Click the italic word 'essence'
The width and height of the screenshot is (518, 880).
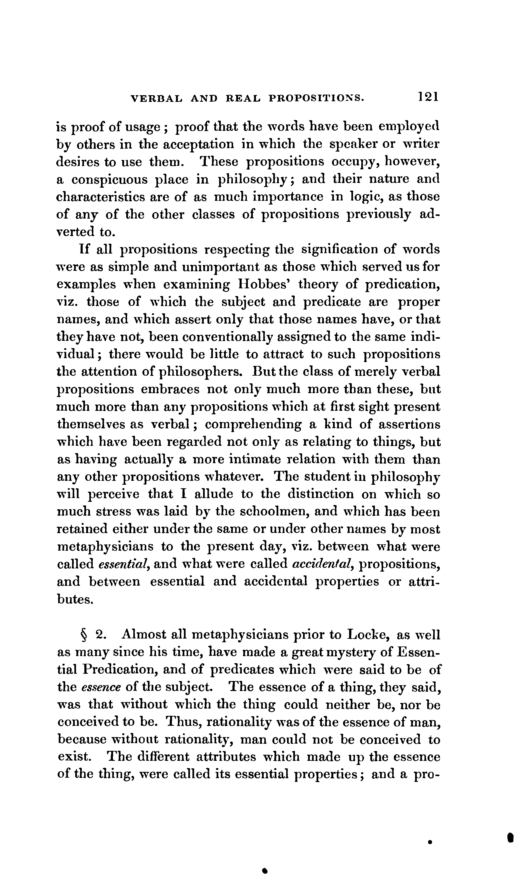point(101,687)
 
